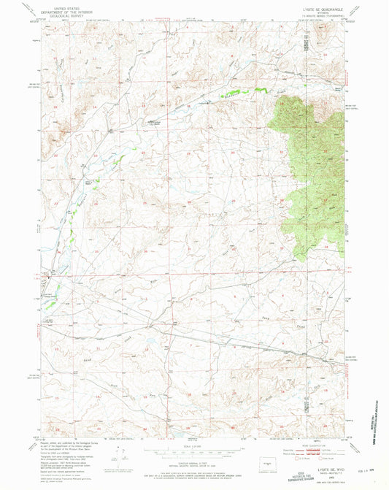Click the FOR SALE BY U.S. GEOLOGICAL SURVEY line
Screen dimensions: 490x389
[194, 474]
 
